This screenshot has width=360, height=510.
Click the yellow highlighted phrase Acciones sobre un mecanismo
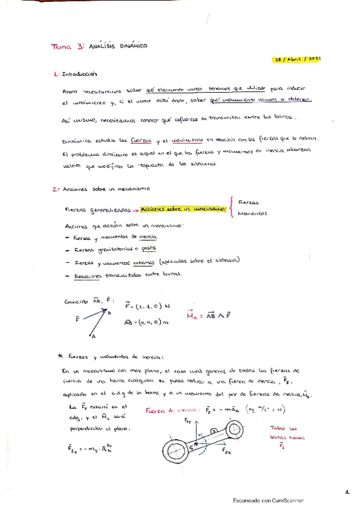point(183,208)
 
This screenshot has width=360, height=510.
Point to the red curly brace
point(230,208)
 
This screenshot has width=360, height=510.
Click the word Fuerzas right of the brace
point(248,202)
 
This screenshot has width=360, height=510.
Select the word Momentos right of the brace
point(252,214)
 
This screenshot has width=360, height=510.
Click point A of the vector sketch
point(92,337)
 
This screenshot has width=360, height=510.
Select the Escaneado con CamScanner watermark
point(268,500)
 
